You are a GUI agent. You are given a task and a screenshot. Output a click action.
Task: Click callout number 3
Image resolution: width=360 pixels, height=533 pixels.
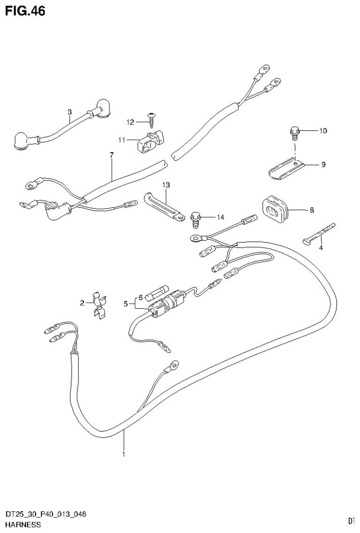(x=69, y=112)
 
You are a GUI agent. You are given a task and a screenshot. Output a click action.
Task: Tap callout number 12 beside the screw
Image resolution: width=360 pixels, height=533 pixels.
(x=130, y=122)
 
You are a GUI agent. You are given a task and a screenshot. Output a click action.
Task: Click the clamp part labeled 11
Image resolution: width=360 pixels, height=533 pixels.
(x=151, y=140)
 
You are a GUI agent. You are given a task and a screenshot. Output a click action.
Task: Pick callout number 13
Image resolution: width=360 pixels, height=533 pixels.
(x=165, y=185)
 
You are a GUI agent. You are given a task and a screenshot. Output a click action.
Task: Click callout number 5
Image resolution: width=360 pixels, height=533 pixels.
(x=126, y=304)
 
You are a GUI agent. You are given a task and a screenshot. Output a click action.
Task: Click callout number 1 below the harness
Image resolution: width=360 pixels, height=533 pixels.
(x=123, y=454)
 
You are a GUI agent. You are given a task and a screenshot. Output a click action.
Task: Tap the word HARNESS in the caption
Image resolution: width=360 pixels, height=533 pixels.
(x=23, y=524)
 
